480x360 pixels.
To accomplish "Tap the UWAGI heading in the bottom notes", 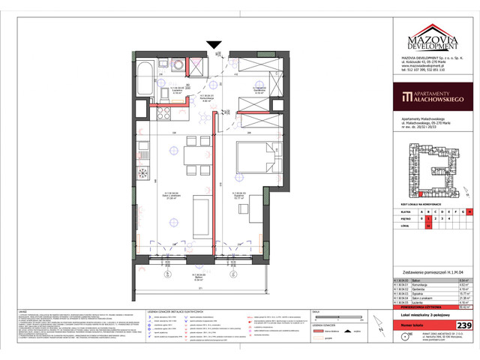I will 128,298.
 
